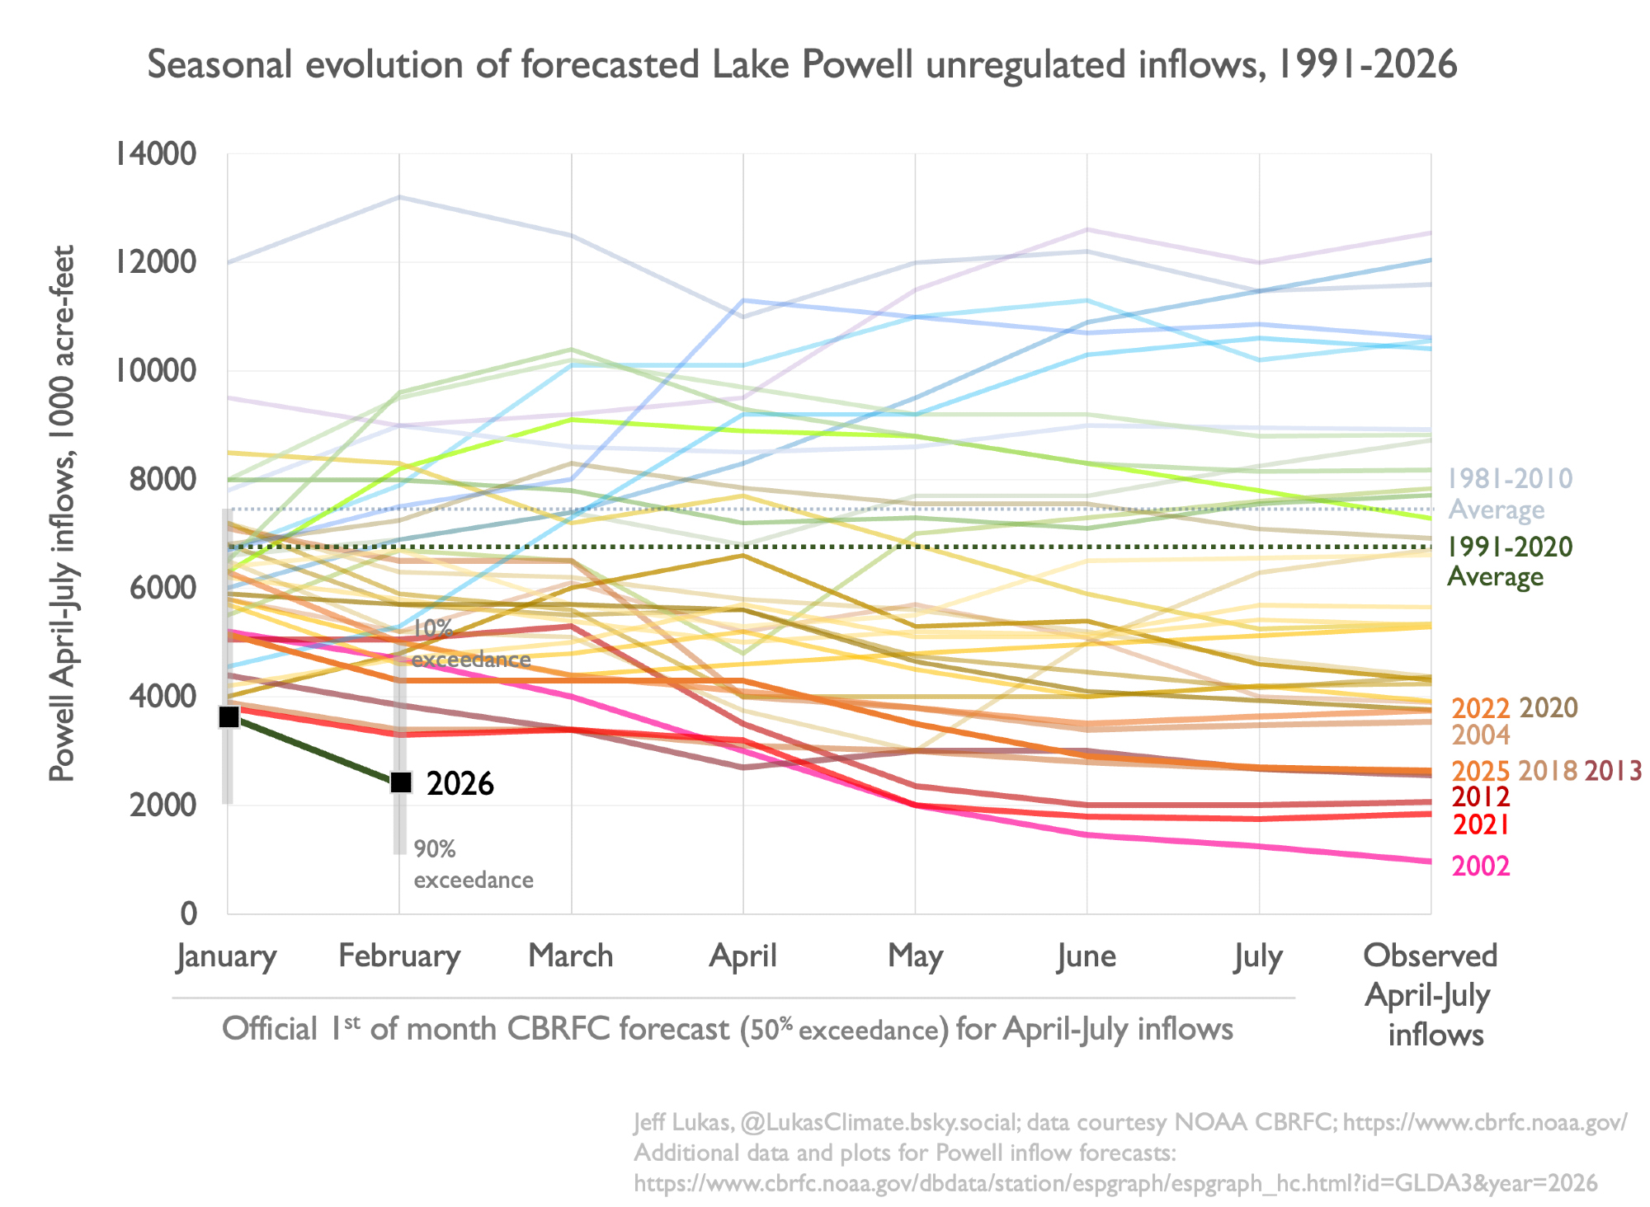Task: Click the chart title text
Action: click(x=802, y=65)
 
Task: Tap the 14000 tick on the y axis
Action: click(x=156, y=154)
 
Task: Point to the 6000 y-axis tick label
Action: click(x=163, y=588)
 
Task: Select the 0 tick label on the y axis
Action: click(x=189, y=913)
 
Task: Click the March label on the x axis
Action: click(x=571, y=956)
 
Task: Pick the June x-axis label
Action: click(x=1087, y=956)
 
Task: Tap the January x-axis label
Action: click(x=227, y=956)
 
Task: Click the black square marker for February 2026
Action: click(x=401, y=782)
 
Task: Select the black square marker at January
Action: click(x=229, y=717)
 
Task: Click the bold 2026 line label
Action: click(x=460, y=784)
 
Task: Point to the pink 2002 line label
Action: click(x=1481, y=867)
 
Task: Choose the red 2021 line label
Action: click(x=1481, y=825)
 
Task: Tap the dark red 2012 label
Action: click(x=1481, y=797)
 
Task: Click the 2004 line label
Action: click(x=1481, y=735)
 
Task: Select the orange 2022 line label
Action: click(x=1481, y=708)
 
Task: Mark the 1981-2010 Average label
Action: click(x=1510, y=494)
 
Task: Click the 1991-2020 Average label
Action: click(x=1510, y=561)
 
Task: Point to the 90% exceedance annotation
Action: click(x=474, y=864)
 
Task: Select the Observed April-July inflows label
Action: click(x=1431, y=995)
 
